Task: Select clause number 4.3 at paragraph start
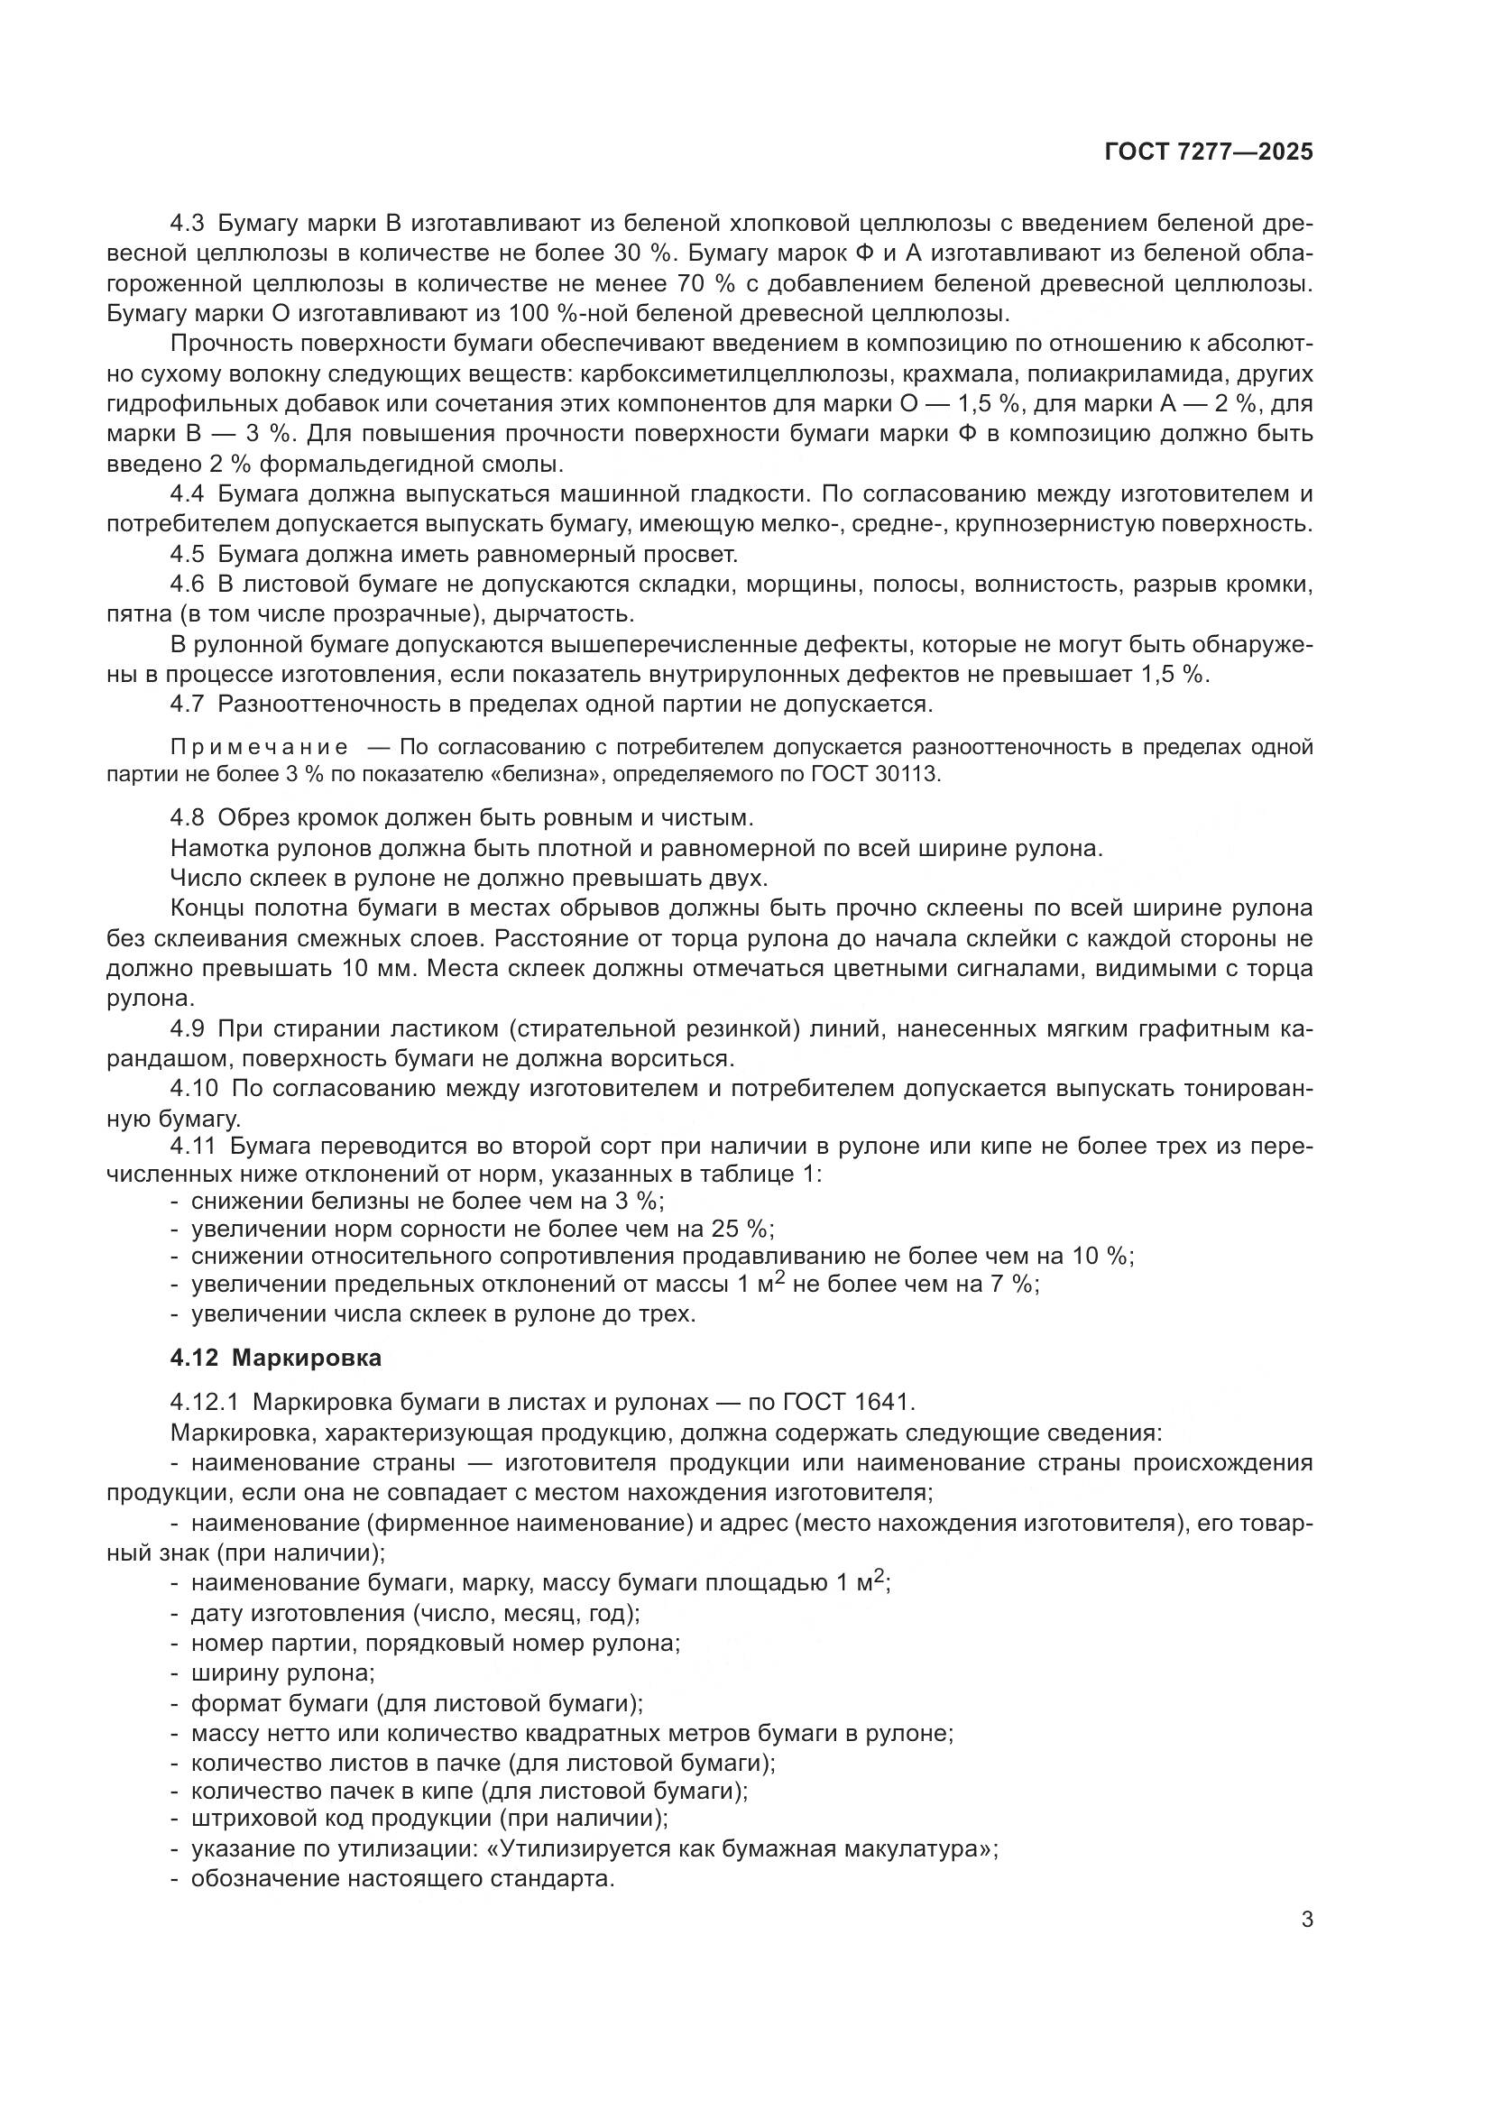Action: [190, 224]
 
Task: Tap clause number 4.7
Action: [190, 705]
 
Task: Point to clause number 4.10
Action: [195, 1088]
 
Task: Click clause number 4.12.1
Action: [204, 1403]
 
